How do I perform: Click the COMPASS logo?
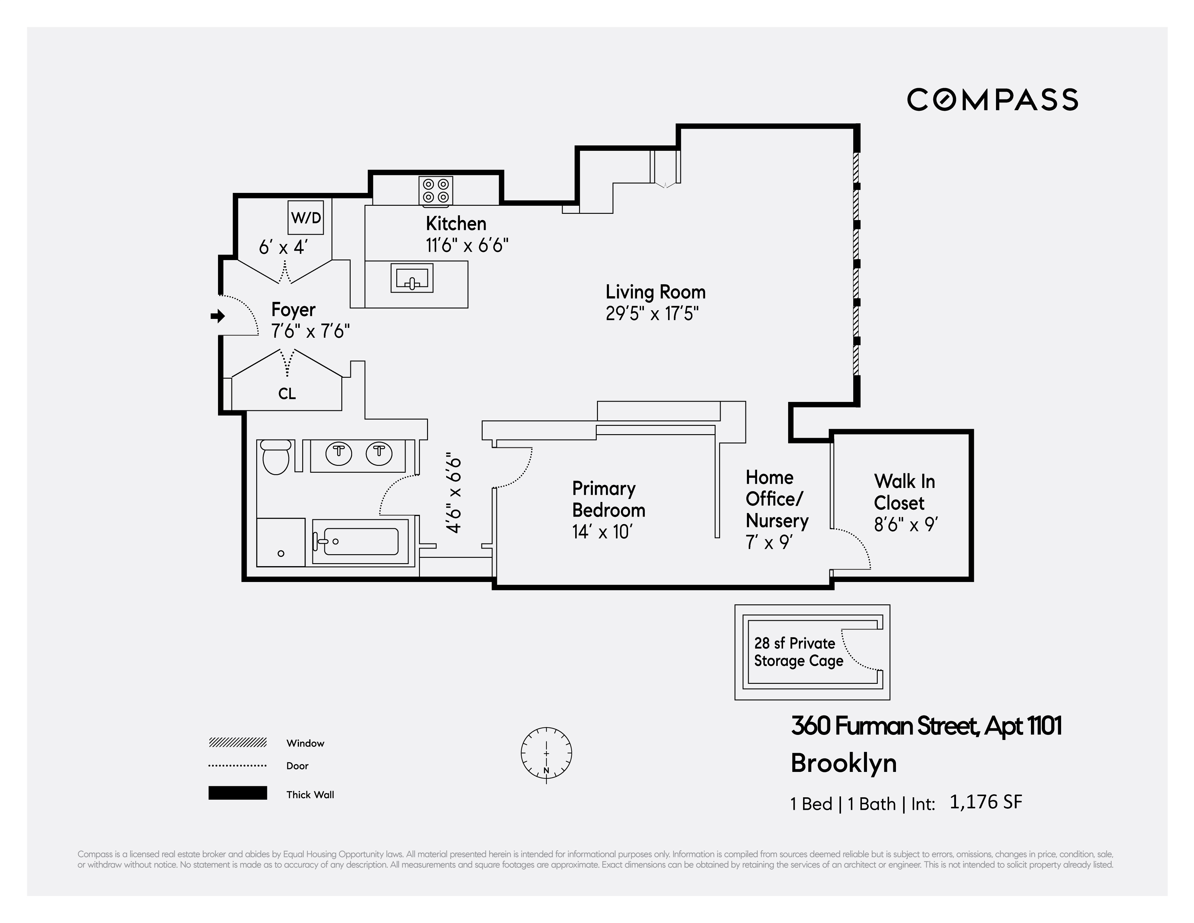(992, 100)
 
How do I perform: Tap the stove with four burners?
(436, 191)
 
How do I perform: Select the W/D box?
(306, 217)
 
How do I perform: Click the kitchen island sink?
(412, 278)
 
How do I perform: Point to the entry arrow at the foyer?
(218, 316)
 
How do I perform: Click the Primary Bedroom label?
(608, 499)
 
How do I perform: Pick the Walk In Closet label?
(904, 492)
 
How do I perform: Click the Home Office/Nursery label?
(776, 499)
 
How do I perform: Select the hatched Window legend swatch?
(237, 742)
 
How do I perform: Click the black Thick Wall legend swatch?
(237, 793)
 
